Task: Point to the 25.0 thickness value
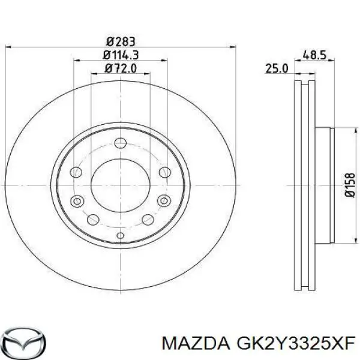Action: (277, 70)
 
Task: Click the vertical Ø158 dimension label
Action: (352, 184)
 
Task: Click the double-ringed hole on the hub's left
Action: (76, 201)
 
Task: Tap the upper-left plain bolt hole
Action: (76, 173)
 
